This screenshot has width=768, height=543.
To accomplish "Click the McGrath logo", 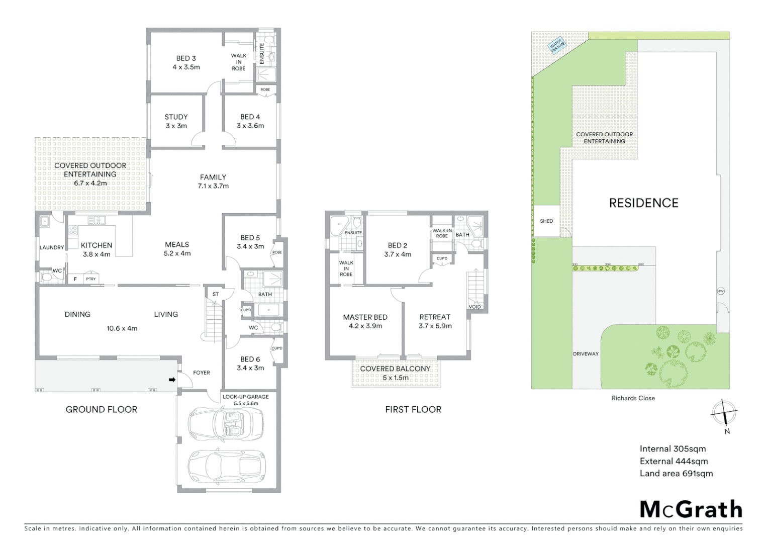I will pos(691,509).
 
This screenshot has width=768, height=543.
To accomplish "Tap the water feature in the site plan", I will pos(557,45).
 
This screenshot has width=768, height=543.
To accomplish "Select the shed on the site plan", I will pos(546,221).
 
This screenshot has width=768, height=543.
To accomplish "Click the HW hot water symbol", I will pos(720,291).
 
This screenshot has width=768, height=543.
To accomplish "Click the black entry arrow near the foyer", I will pos(172,380).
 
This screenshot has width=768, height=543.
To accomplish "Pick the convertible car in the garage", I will pos(226,423).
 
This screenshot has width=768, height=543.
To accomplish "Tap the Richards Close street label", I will pos(633,398).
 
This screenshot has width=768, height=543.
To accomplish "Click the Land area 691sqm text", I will pos(676,474).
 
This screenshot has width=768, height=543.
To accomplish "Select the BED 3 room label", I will pos(186,58).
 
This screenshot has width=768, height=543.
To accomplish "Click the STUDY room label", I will pos(176,117).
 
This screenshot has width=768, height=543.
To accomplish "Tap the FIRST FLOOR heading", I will pos(413,410).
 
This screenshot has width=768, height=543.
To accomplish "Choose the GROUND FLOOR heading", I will pos(101,410).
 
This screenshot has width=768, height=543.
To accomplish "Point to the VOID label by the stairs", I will pos(474,307).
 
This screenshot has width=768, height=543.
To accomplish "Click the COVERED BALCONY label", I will pos(395,369).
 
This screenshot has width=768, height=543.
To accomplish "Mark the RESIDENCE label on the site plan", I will pos(643,203).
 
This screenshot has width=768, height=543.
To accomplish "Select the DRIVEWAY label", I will pos(586,354).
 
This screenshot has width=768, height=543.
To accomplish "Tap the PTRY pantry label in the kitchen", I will pos(90,279).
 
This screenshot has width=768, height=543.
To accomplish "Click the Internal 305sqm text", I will pos(673,449).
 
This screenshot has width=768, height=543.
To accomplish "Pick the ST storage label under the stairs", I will pos(216,295).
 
